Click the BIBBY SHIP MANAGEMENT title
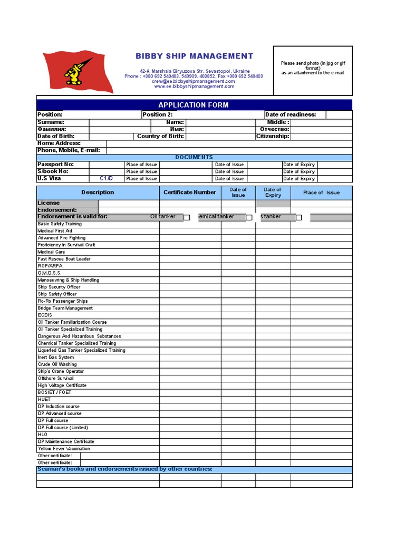[194, 56]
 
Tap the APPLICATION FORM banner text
[194, 105]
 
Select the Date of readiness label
[291, 114]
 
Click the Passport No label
[55, 165]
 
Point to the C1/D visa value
[107, 179]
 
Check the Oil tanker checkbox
[187, 217]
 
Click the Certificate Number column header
[190, 192]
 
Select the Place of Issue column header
[321, 192]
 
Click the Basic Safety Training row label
[60, 224]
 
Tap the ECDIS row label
[45, 315]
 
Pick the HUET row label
[44, 400]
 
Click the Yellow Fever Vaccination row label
[64, 449]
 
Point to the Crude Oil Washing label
[57, 364]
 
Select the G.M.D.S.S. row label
[50, 273]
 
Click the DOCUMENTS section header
[194, 157]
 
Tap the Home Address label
[59, 143]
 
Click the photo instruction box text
[312, 68]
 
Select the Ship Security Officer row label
[59, 287]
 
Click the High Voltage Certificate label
[62, 385]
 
